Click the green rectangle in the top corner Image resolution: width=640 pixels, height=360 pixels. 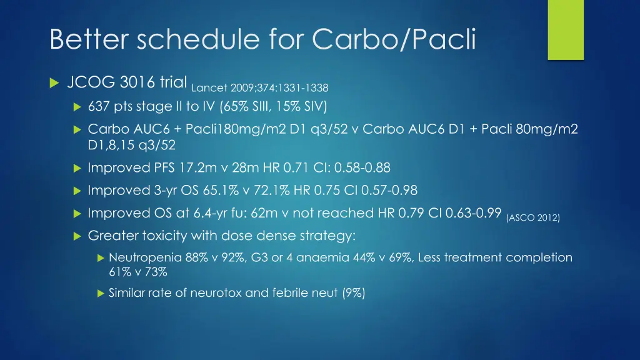click(565, 29)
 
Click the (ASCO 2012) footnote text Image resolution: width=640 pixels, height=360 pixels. click(533, 217)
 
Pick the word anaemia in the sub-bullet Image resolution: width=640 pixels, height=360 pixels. click(317, 257)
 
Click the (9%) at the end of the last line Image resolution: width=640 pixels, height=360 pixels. click(354, 292)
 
